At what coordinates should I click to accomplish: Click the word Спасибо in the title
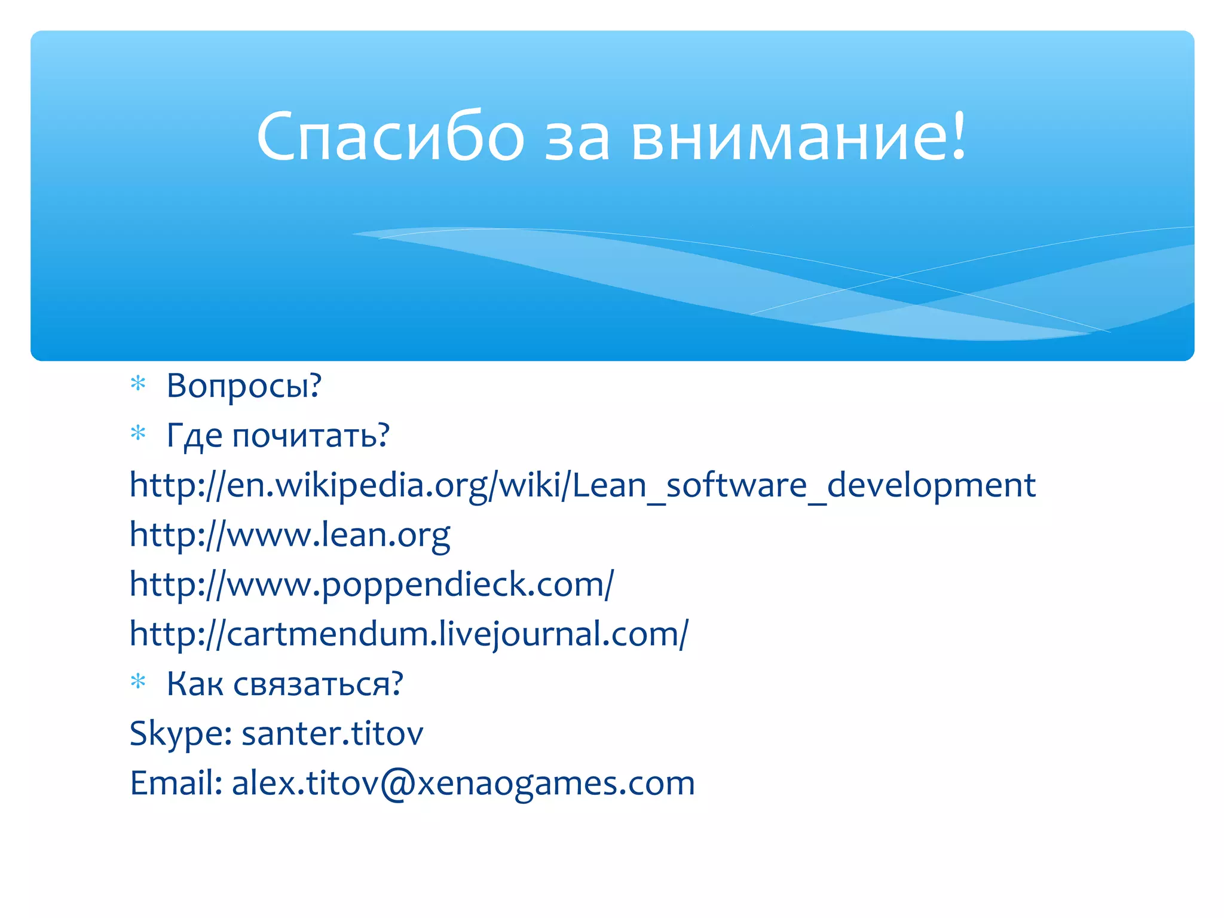pyautogui.click(x=390, y=136)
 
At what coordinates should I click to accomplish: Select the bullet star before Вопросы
pyautogui.click(x=138, y=383)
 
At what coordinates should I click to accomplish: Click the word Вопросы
pyautogui.click(x=244, y=385)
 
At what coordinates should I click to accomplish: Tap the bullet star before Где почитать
pyautogui.click(x=138, y=433)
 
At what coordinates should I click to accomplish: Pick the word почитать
pyautogui.click(x=311, y=435)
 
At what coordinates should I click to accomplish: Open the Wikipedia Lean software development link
pyautogui.click(x=583, y=485)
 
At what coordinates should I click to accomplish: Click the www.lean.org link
pyautogui.click(x=290, y=534)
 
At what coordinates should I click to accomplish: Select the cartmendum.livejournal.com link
pyautogui.click(x=409, y=634)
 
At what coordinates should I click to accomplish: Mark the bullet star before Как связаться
pyautogui.click(x=138, y=681)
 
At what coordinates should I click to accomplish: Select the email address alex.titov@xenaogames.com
pyautogui.click(x=463, y=783)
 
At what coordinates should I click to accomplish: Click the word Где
pyautogui.click(x=194, y=435)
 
